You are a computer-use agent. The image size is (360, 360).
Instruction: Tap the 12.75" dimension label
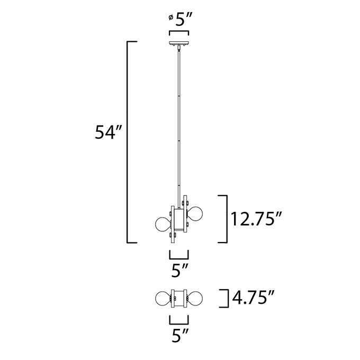pos(256,219)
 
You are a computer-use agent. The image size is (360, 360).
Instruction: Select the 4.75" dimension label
pos(253,298)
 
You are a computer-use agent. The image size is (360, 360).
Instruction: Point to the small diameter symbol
pos(171,17)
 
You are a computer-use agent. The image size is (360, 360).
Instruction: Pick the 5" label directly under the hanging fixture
pos(180,271)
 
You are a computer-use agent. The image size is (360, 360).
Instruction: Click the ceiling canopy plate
pos(179,43)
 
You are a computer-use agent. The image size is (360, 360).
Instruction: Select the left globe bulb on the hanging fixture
pos(163,223)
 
